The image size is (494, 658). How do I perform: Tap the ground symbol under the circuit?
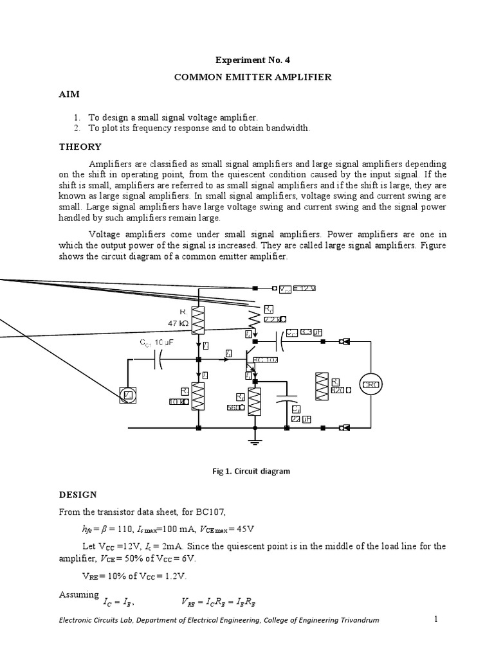255,440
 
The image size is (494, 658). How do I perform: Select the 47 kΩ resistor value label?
178,325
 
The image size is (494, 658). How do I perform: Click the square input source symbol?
127,395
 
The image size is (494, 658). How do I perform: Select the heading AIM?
69,94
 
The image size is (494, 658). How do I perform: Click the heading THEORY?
80,147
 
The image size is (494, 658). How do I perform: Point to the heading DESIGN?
78,494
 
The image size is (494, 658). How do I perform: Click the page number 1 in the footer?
435,619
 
